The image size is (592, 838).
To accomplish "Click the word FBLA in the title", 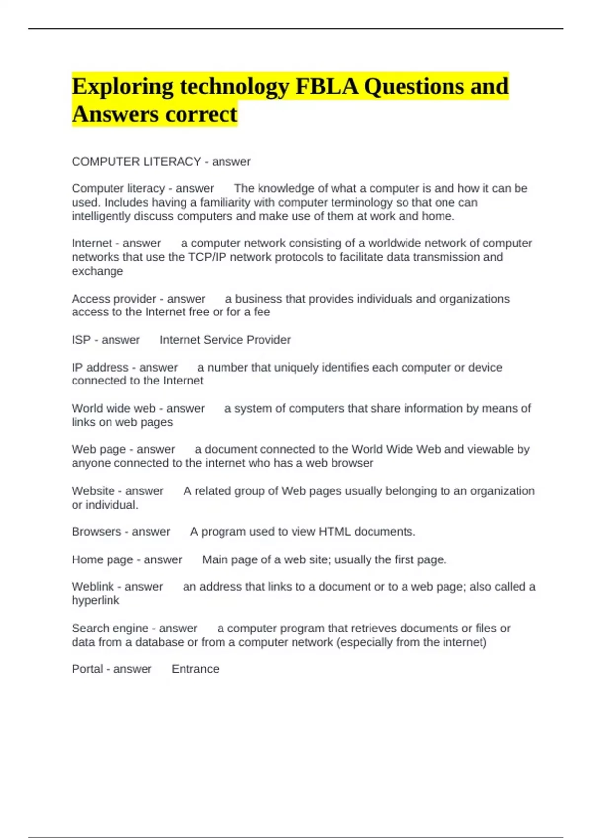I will [327, 87].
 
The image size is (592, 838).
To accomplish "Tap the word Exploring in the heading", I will [122, 87].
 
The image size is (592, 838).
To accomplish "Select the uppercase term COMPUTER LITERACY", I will [136, 162].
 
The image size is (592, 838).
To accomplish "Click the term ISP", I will [81, 340].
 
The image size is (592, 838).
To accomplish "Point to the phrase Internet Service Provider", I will [225, 340].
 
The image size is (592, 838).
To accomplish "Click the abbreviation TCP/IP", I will [207, 257].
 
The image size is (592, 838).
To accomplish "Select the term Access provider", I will [114, 299].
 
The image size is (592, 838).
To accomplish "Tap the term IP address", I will [100, 367].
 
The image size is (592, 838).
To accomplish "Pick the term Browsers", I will [96, 532].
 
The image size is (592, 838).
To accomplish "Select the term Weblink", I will [93, 587].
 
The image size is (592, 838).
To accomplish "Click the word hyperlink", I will [96, 600].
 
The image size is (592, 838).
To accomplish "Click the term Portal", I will [87, 669].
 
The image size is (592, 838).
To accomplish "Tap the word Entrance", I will [195, 669].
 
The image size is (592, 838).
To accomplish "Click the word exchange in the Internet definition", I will [97, 271].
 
